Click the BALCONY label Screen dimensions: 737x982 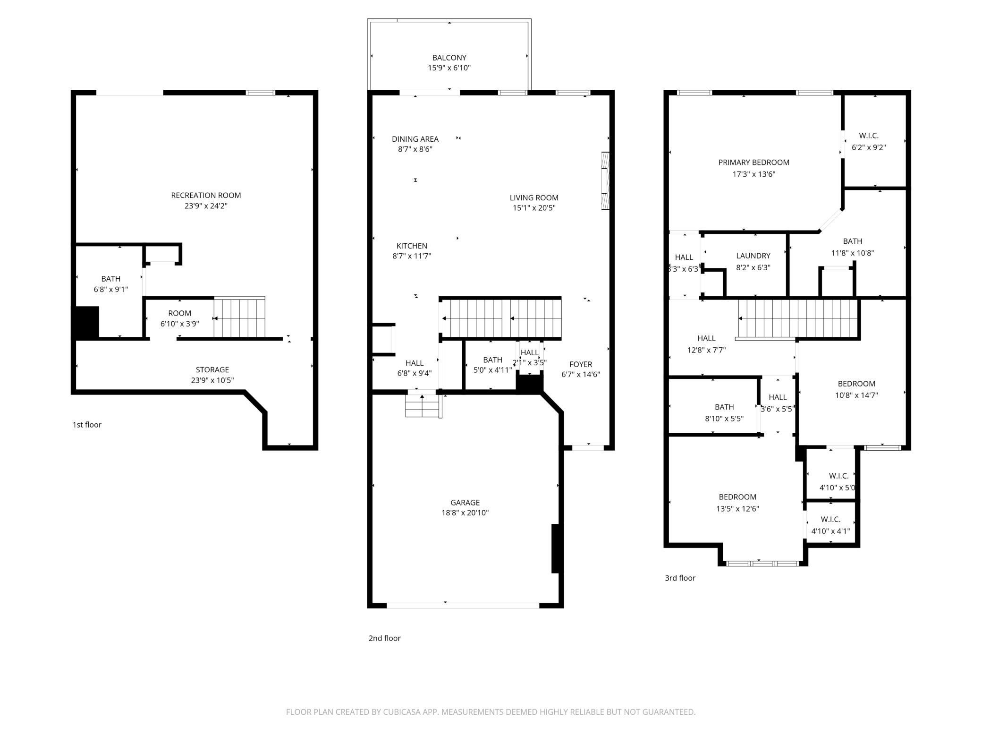[449, 58]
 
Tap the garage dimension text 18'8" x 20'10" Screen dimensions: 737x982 [465, 513]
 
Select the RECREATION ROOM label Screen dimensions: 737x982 [206, 195]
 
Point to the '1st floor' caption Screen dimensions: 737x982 [87, 425]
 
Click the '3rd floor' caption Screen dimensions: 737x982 [680, 578]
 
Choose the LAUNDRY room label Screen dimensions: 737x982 [753, 256]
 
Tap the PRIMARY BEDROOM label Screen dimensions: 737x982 [753, 163]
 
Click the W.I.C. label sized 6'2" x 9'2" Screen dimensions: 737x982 [868, 136]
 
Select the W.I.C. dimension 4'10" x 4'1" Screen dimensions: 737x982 [830, 531]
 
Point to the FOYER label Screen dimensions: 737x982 [580, 364]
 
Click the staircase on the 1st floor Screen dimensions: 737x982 [239, 317]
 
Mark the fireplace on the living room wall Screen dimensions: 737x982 [605, 180]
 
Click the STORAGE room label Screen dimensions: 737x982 [212, 369]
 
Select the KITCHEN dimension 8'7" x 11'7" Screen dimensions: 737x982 [412, 256]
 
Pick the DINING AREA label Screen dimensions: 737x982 [415, 139]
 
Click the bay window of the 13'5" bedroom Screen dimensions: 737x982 [762, 563]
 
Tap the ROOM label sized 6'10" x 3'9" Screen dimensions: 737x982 [179, 313]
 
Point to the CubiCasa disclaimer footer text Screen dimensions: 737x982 [491, 711]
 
